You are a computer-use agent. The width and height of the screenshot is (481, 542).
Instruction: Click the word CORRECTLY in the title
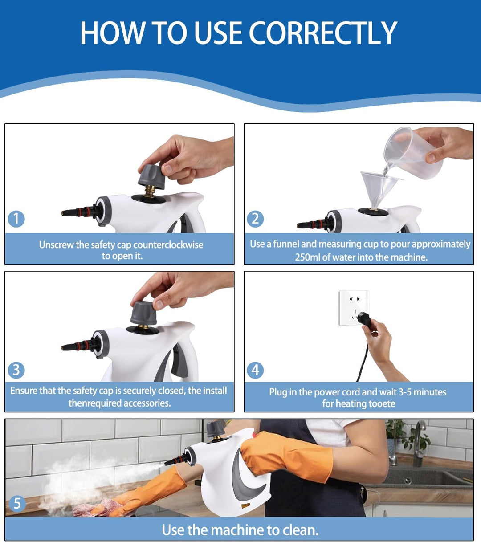pos(323,33)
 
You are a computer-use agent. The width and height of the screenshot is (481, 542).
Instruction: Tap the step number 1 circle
pos(16,219)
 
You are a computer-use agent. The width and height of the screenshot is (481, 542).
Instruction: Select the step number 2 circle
pos(255,219)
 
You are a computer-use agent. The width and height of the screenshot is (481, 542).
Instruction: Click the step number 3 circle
pos(16,370)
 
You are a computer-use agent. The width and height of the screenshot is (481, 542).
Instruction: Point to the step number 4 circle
pos(255,370)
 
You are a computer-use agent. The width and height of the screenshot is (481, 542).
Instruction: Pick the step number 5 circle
pos(17,504)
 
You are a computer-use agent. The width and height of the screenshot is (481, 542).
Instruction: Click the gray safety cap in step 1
pos(151,176)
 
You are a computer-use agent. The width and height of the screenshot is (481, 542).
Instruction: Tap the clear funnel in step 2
pos(379,189)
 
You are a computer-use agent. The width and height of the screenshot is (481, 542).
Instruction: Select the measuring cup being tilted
pos(413,152)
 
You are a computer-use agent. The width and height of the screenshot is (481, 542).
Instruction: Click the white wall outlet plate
pos(353,308)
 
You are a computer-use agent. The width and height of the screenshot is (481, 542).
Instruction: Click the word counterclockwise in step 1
pos(168,245)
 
